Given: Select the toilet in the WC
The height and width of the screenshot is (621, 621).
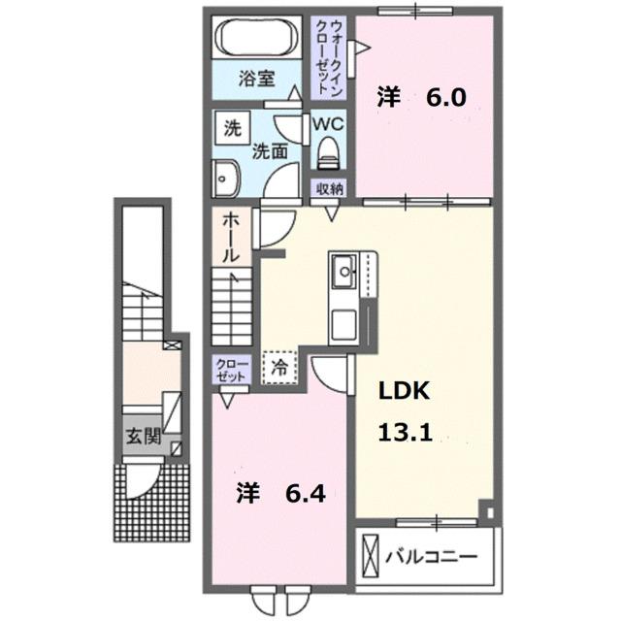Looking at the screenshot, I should click(x=327, y=151).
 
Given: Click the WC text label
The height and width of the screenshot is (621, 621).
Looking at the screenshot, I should click(x=326, y=123).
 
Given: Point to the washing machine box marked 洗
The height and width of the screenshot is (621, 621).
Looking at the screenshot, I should click(x=232, y=126).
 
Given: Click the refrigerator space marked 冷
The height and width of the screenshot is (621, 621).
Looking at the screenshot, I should click(x=278, y=369).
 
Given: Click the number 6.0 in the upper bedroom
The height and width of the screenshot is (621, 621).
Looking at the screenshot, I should click(x=446, y=96).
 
